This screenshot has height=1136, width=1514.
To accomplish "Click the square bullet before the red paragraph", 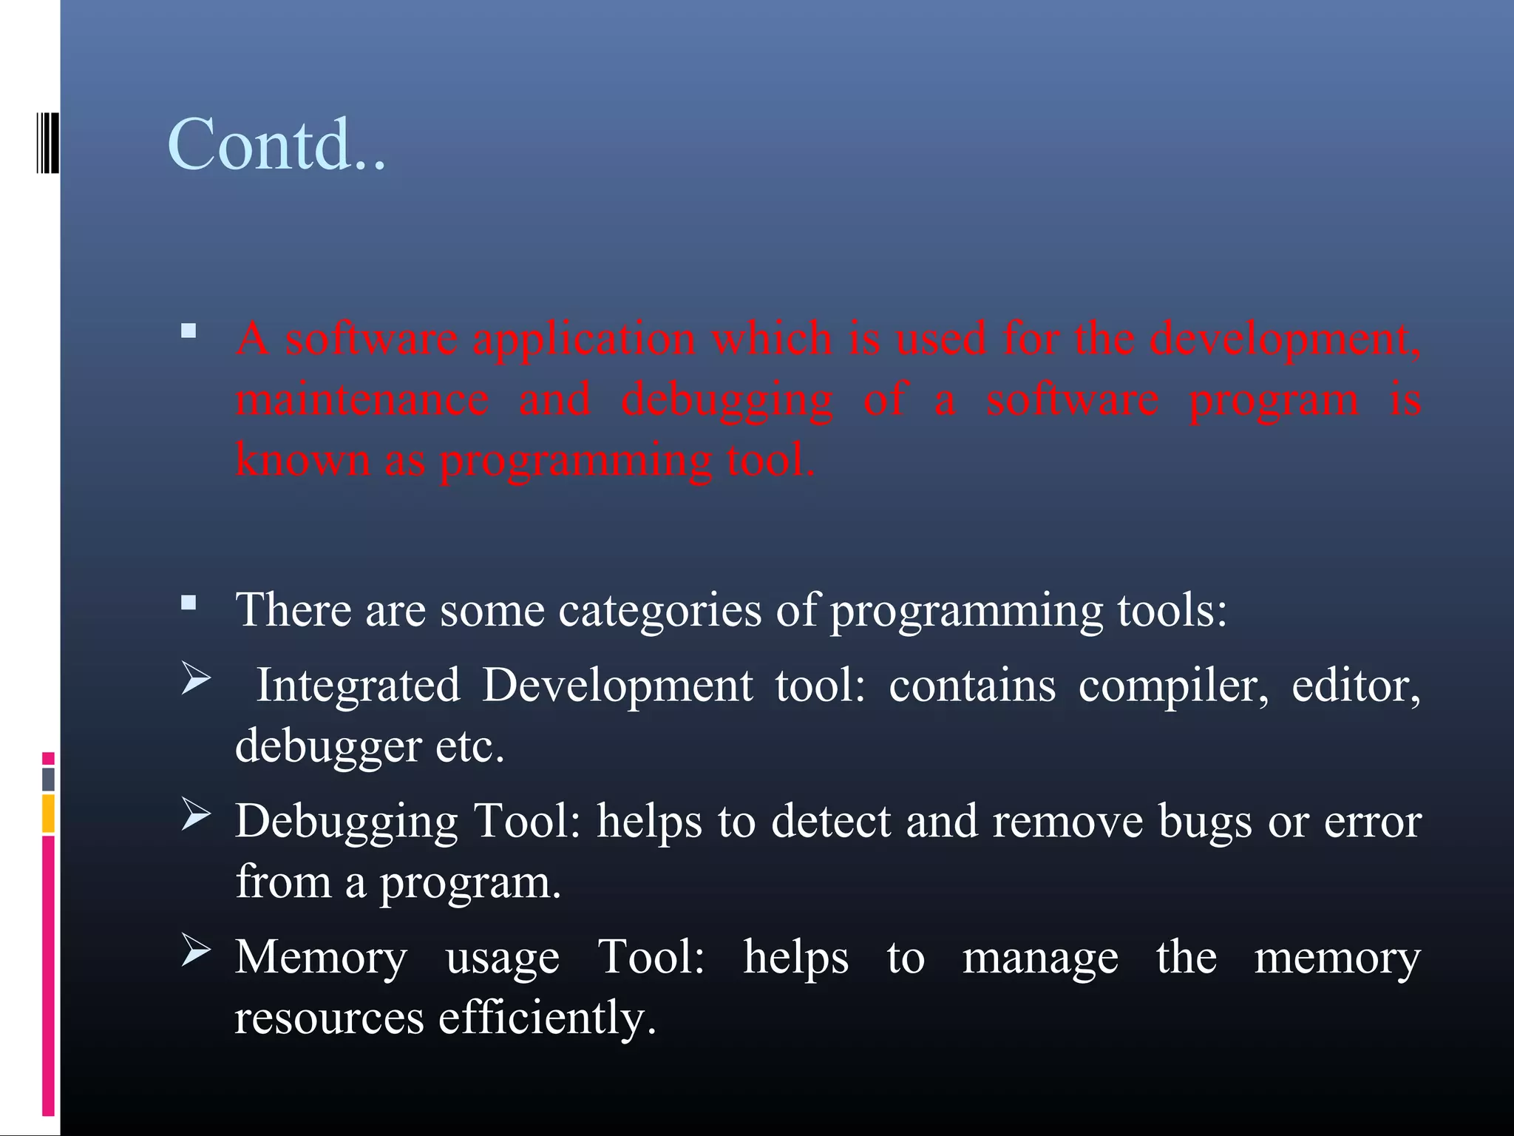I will point(189,331).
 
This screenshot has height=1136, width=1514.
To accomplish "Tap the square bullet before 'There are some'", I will point(189,602).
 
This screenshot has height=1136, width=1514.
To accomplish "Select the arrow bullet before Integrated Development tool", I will point(196,678).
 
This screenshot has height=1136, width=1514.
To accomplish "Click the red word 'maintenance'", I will point(361,399).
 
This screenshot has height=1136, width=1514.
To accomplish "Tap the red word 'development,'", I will point(1285,340).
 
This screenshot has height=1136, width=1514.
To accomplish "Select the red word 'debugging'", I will point(727,401).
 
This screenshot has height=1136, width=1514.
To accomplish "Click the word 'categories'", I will point(659,611).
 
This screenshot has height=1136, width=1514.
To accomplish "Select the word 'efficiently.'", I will point(547,1018).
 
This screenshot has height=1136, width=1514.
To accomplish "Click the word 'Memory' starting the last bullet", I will point(321,958).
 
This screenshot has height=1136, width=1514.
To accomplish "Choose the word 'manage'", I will point(1040,958).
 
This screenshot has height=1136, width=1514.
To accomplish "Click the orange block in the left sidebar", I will point(48,814).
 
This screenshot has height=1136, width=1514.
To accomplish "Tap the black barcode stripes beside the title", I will point(47,142).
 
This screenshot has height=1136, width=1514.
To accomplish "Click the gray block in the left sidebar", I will point(48,779).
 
